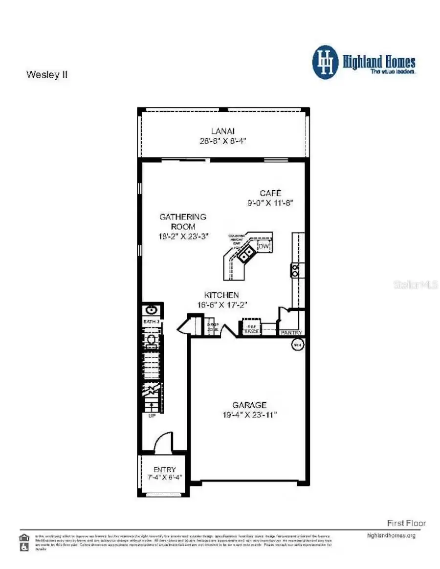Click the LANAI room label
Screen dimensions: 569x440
coord(223,131)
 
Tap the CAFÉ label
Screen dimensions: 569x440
coord(270,193)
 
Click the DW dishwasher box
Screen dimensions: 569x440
coord(264,246)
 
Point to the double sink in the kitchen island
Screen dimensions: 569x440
coord(245,254)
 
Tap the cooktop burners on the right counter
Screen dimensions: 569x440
coord(296,269)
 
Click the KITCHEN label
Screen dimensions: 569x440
coord(221,295)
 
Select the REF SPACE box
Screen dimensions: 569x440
coord(251,329)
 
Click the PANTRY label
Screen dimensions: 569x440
coord(291,333)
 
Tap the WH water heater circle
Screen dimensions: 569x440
coord(297,345)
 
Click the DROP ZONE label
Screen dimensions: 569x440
coord(213,327)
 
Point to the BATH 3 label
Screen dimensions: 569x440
coord(151,322)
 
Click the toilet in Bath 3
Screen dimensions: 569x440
coord(152,339)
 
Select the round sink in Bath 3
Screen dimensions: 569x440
coord(152,309)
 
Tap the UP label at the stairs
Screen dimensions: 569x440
coord(152,416)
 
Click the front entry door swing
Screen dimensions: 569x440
coord(163,442)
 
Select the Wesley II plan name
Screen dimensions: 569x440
coord(46,75)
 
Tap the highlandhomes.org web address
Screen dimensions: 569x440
coord(391,535)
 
